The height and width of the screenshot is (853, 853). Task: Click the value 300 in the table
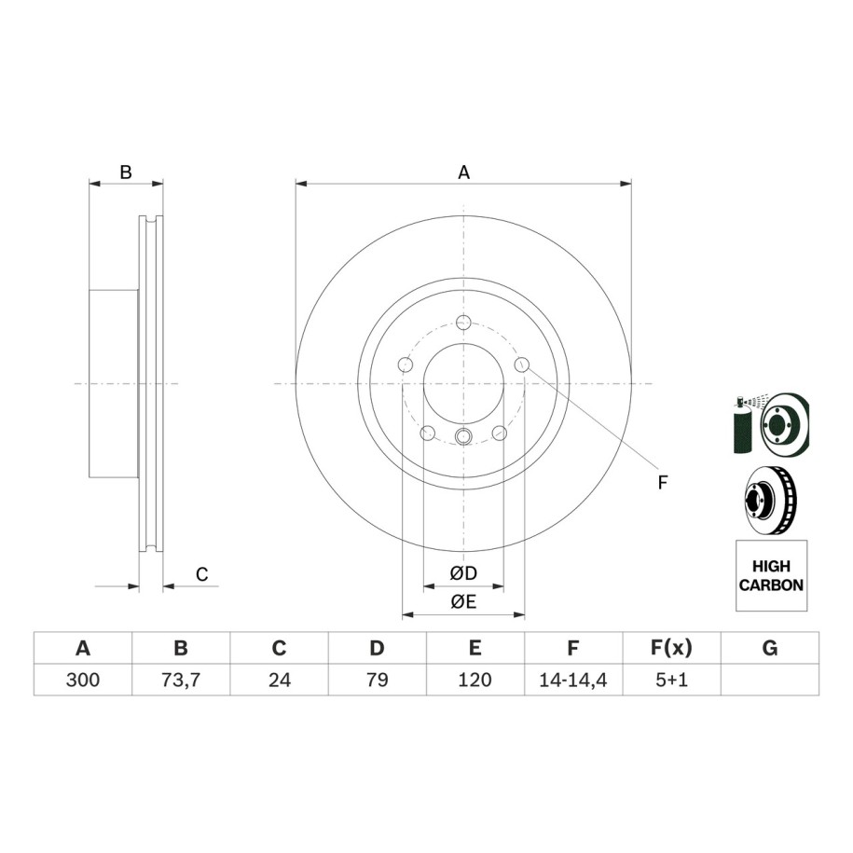(x=83, y=680)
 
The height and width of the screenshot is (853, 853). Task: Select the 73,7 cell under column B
(x=181, y=680)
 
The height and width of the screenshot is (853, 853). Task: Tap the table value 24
(x=279, y=680)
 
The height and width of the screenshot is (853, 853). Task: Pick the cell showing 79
(x=377, y=680)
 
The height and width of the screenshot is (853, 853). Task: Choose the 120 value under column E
(x=475, y=680)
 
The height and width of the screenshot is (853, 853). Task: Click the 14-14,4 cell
(x=573, y=680)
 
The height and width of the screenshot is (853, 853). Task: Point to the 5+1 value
(x=671, y=680)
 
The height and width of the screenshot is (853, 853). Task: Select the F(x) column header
(x=671, y=648)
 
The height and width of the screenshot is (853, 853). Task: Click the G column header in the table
(x=770, y=648)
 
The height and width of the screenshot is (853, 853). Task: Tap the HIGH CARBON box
(x=771, y=575)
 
